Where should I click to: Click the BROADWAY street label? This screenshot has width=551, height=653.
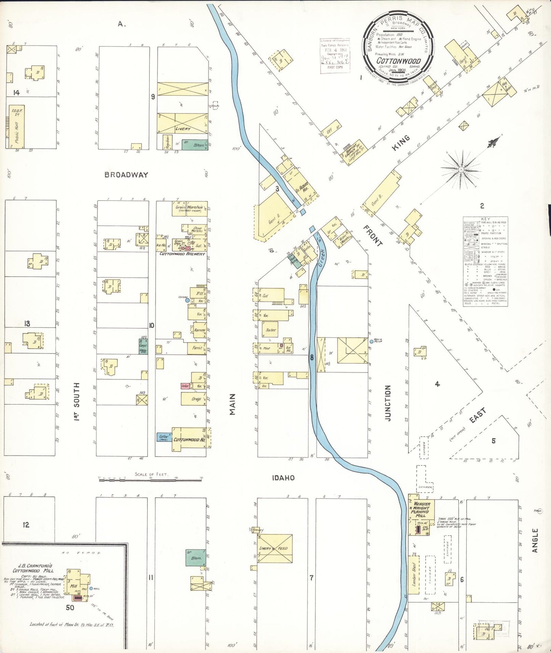126,175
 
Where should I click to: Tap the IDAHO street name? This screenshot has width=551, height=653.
283,478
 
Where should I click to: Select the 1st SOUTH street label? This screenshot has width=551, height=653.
77,401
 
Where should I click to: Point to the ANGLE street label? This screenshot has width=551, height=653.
535,540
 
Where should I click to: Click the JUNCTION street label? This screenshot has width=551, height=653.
388,403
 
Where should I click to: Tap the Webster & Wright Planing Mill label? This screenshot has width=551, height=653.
420,509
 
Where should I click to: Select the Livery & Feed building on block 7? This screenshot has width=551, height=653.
275,549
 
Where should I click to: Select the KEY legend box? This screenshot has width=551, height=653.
485,262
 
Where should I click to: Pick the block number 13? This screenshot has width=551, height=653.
27,324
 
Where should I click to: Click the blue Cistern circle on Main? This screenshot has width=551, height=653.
187,300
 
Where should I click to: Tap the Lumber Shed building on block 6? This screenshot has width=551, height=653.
414,575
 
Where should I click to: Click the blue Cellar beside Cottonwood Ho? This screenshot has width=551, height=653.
164,437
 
